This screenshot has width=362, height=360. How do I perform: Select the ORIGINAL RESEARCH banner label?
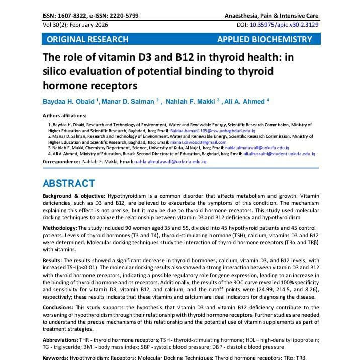pos(87,39)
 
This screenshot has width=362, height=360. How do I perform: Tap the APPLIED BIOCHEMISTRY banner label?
pos(264,39)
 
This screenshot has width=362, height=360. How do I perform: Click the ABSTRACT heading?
pos(68,184)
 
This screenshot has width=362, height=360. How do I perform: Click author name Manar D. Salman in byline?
pos(130,102)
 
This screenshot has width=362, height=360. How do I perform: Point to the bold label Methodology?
pos(59,228)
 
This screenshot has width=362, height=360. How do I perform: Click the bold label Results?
pos(52,260)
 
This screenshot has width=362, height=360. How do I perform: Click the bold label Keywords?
pos(55,357)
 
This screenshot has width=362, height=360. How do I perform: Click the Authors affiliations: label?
pos(64,115)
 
